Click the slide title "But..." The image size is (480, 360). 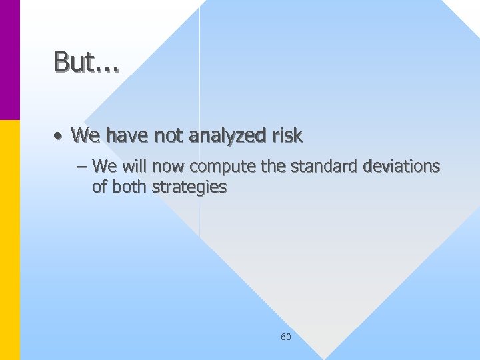click(x=86, y=62)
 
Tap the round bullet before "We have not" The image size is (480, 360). click(x=59, y=137)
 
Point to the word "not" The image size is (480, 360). click(x=169, y=136)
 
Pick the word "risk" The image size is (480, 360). click(x=287, y=136)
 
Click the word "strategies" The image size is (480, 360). click(x=189, y=187)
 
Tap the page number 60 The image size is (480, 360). click(x=285, y=337)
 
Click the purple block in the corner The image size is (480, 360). click(x=10, y=60)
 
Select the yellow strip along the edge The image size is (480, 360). click(x=10, y=240)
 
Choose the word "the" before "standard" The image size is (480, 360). click(x=273, y=165)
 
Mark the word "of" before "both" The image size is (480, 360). click(x=100, y=187)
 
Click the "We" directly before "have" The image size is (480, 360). click(x=85, y=136)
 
